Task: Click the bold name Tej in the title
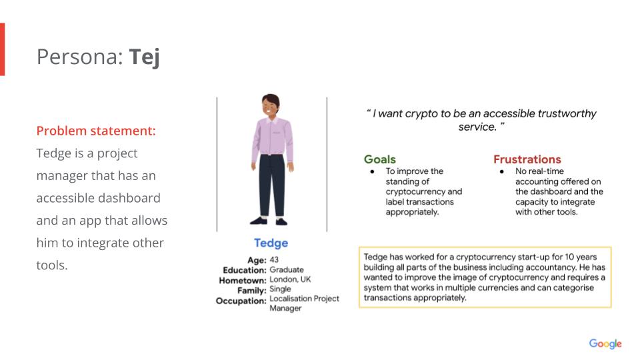click(x=144, y=57)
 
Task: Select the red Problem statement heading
click(x=96, y=131)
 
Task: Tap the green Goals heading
click(x=379, y=159)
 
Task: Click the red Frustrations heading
click(x=527, y=159)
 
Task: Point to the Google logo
click(x=605, y=344)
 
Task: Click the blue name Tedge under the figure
click(x=271, y=243)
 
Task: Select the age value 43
click(x=274, y=259)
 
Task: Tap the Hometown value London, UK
click(x=290, y=279)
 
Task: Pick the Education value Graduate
click(x=287, y=269)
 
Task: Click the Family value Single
click(x=280, y=289)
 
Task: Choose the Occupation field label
click(x=241, y=301)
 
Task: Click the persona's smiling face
click(x=269, y=107)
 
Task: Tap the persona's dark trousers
click(x=271, y=185)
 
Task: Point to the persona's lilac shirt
click(x=272, y=137)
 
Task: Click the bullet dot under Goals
click(x=372, y=171)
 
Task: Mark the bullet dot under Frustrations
click(x=501, y=171)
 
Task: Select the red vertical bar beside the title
click(x=3, y=49)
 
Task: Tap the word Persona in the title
click(x=80, y=57)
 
